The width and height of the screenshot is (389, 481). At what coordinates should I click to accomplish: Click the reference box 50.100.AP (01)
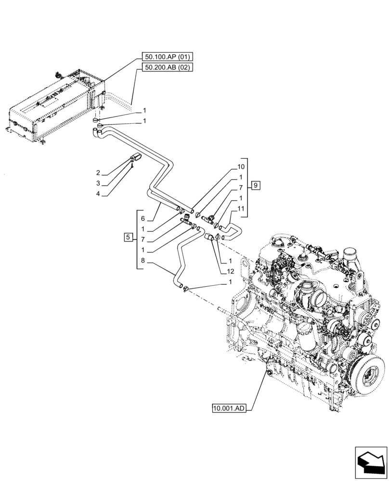tap(167, 57)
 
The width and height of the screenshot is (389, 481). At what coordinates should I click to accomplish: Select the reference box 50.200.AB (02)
tap(167, 67)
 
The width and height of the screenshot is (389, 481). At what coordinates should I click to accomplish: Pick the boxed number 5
tap(128, 237)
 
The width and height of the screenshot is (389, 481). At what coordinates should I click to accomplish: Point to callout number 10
tap(241, 167)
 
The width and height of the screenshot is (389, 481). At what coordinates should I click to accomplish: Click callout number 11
tap(241, 208)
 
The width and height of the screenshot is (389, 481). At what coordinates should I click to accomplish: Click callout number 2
tap(98, 172)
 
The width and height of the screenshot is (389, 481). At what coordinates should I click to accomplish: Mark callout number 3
tap(98, 183)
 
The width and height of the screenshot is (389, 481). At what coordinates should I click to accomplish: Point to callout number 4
tap(98, 194)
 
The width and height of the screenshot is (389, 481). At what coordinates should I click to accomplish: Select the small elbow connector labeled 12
tap(210, 237)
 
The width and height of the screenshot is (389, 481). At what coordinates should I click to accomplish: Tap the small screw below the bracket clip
tap(131, 165)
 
